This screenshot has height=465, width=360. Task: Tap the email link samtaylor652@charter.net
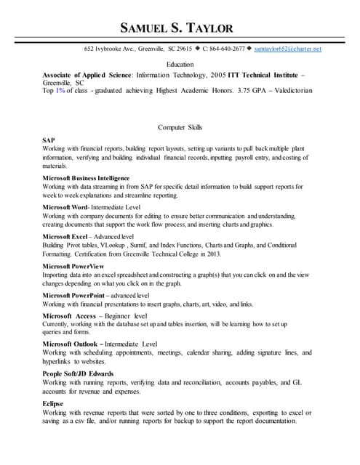(x=287, y=49)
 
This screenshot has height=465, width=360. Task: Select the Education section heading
(x=180, y=65)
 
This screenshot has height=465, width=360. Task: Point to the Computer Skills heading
(x=180, y=127)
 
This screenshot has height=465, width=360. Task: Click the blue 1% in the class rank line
(x=60, y=92)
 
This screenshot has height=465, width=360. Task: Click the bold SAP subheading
(x=49, y=140)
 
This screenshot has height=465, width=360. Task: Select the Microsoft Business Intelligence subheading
(x=86, y=178)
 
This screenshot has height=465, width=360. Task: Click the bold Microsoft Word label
(x=66, y=207)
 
